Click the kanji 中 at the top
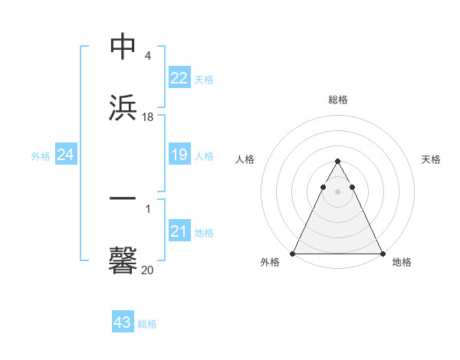(123, 47)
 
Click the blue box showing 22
(179, 78)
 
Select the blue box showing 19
(179, 155)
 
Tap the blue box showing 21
(179, 231)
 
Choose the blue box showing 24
(66, 155)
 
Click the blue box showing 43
(122, 322)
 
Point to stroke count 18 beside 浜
(148, 117)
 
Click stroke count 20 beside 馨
(148, 270)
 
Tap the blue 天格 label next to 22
(204, 79)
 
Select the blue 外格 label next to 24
(41, 156)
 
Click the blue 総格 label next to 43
(147, 323)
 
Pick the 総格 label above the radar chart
(337, 100)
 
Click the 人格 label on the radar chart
(245, 159)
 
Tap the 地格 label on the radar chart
(402, 262)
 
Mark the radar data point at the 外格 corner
(293, 254)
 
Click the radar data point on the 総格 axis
(337, 162)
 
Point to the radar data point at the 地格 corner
(382, 254)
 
